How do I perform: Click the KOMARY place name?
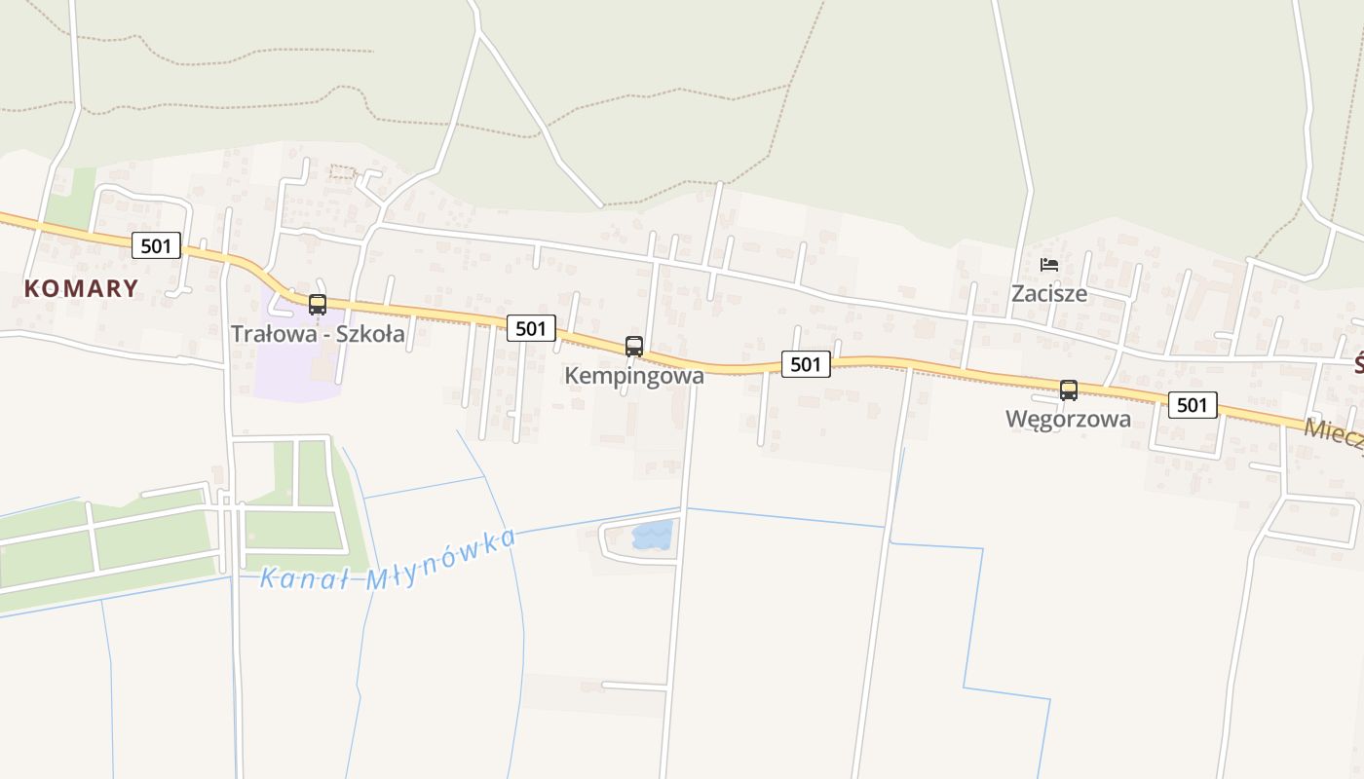tap(81, 288)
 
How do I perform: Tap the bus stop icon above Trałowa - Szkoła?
tap(317, 304)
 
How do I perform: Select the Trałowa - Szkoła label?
tap(318, 334)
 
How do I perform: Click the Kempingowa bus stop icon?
tap(633, 346)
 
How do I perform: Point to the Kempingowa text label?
tap(634, 375)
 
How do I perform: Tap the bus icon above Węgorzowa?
tap(1069, 390)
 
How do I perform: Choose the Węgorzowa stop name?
tap(1068, 420)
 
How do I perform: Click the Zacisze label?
tap(1048, 293)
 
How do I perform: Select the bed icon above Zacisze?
tap(1048, 265)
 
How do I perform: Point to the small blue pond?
tap(652, 534)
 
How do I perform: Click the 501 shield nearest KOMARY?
tap(156, 245)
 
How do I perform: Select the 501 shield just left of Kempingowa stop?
tap(531, 328)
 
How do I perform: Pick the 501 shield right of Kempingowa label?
tap(806, 364)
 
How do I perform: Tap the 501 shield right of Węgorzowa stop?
tap(1193, 405)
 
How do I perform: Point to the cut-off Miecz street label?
tap(1334, 434)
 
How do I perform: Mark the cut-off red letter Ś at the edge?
tap(1358, 365)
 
